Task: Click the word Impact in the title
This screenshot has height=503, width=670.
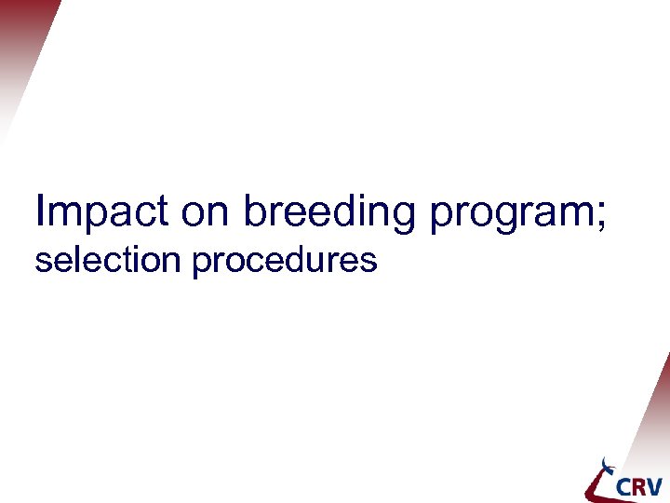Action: (102, 212)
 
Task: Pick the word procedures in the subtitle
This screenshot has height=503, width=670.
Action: (285, 262)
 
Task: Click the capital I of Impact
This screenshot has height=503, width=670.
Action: (40, 211)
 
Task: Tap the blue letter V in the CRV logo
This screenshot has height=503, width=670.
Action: (655, 486)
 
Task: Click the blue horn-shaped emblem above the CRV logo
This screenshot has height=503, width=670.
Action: (609, 465)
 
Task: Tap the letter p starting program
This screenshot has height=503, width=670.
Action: (439, 218)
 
